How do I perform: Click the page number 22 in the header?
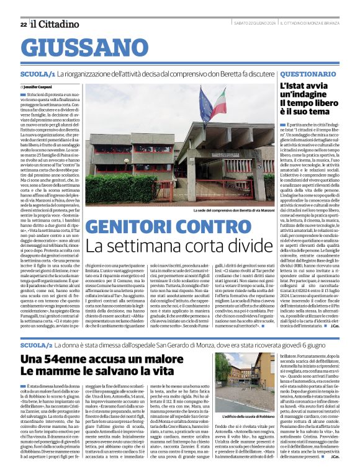23,24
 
